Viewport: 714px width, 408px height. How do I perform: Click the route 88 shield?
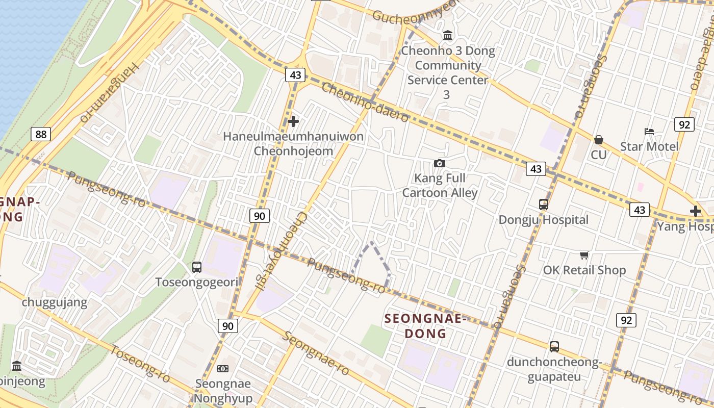40,134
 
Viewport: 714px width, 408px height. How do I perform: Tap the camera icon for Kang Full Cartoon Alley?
439,163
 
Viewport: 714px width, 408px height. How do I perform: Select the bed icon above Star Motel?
649,132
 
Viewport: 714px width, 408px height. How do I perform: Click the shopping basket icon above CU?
599,140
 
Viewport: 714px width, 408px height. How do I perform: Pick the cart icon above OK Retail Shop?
584,255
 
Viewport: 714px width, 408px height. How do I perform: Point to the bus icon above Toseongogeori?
197,267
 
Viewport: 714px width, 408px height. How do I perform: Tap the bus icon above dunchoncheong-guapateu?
554,347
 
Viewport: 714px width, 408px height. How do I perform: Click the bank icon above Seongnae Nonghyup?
223,369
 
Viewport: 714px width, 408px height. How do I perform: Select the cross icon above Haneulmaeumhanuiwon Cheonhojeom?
293,121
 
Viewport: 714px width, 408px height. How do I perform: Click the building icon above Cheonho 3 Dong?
448,36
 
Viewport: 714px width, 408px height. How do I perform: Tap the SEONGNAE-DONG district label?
425,326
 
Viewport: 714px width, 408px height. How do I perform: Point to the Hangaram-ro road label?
109,92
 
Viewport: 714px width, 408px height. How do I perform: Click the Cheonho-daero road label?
365,102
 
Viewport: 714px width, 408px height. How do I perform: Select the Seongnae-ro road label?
316,353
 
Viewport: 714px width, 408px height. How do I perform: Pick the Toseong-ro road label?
140,364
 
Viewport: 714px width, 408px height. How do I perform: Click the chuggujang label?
55,302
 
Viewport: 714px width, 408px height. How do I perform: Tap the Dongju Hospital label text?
544,220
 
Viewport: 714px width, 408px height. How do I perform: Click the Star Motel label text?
649,147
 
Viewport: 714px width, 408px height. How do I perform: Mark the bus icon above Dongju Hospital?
544,205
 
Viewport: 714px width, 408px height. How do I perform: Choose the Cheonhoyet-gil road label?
282,251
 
